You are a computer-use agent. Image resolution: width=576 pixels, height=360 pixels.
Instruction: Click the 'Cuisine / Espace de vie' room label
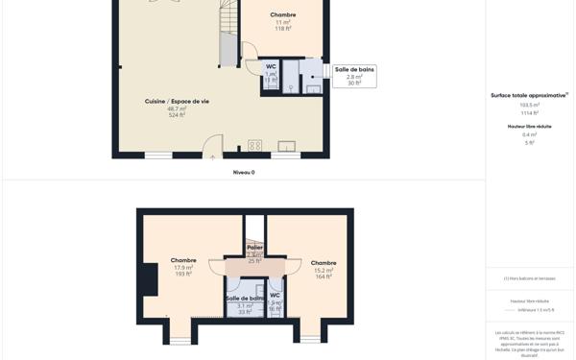[177, 101]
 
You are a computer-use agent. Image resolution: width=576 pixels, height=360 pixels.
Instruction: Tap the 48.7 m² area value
[177, 108]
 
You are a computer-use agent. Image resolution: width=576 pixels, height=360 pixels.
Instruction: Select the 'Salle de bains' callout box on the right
[354, 76]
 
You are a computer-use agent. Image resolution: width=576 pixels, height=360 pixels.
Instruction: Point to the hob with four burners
[254, 146]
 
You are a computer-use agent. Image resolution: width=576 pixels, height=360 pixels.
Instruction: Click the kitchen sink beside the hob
[286, 146]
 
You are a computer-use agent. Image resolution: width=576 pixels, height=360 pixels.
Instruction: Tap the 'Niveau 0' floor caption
[244, 173]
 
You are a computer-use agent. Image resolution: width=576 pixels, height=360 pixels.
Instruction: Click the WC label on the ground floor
[271, 66]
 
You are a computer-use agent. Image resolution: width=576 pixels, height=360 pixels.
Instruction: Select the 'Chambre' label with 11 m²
[283, 15]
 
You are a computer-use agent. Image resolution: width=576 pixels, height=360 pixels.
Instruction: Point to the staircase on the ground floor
[228, 34]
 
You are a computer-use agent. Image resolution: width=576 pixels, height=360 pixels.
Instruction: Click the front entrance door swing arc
[212, 147]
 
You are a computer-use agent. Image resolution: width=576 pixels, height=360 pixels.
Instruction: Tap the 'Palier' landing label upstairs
[254, 248]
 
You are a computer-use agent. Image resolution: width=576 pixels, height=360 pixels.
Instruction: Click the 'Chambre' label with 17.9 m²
[183, 260]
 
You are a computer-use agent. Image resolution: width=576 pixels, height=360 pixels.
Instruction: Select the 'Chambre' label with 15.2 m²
[324, 263]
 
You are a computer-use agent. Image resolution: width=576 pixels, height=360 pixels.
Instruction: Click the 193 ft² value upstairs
[183, 274]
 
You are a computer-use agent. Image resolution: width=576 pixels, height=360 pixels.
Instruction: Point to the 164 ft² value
[324, 276]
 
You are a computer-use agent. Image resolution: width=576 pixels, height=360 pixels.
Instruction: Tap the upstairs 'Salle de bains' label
[245, 299]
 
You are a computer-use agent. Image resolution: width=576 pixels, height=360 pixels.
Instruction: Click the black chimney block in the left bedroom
[148, 279]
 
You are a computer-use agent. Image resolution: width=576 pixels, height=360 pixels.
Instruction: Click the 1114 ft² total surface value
[529, 113]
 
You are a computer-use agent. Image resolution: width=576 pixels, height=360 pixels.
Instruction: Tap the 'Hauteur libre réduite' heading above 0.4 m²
[529, 126]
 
